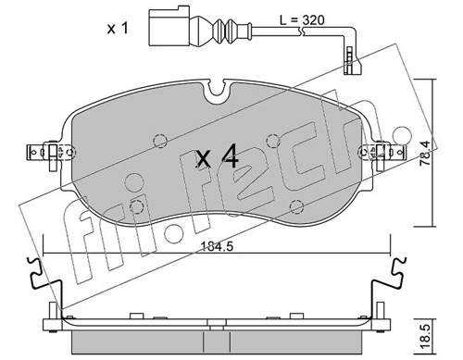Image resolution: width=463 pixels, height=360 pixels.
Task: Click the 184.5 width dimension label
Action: (x=216, y=247)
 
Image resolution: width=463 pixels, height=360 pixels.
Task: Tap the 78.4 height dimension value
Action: (x=425, y=154)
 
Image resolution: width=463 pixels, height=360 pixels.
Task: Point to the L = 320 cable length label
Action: (x=302, y=20)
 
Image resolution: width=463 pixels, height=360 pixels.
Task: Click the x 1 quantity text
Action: (x=118, y=29)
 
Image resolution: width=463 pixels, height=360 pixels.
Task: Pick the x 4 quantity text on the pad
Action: (x=218, y=157)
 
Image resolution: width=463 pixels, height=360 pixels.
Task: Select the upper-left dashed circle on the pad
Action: (x=160, y=141)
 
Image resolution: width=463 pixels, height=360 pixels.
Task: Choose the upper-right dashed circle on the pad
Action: (x=273, y=141)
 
